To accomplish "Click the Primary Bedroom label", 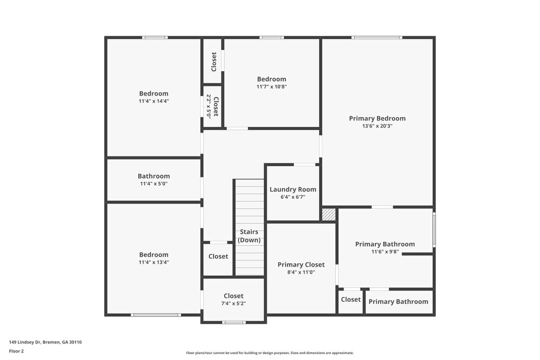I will (x=377, y=118).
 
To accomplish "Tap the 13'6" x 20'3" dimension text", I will (x=377, y=126).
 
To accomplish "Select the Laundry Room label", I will (x=293, y=189).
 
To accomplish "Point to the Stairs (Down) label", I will (x=249, y=236).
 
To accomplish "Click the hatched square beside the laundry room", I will (x=328, y=214).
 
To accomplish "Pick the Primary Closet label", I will (x=301, y=264).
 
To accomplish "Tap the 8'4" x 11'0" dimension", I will (x=301, y=273).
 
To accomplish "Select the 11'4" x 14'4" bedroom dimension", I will (x=154, y=101).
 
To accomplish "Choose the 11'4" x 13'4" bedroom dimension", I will (x=154, y=262).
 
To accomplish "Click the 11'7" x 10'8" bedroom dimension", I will (x=272, y=86).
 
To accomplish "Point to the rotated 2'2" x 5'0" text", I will (x=208, y=106).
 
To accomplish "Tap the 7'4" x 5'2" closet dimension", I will (x=233, y=303).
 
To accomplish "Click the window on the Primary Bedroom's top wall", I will (x=376, y=37).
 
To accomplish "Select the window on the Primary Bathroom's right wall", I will (x=434, y=230).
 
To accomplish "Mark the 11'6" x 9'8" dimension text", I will (x=385, y=252).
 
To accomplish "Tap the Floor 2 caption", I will (x=16, y=351).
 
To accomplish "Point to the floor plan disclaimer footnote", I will (x=270, y=352).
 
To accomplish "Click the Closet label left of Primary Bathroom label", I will (x=350, y=300).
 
